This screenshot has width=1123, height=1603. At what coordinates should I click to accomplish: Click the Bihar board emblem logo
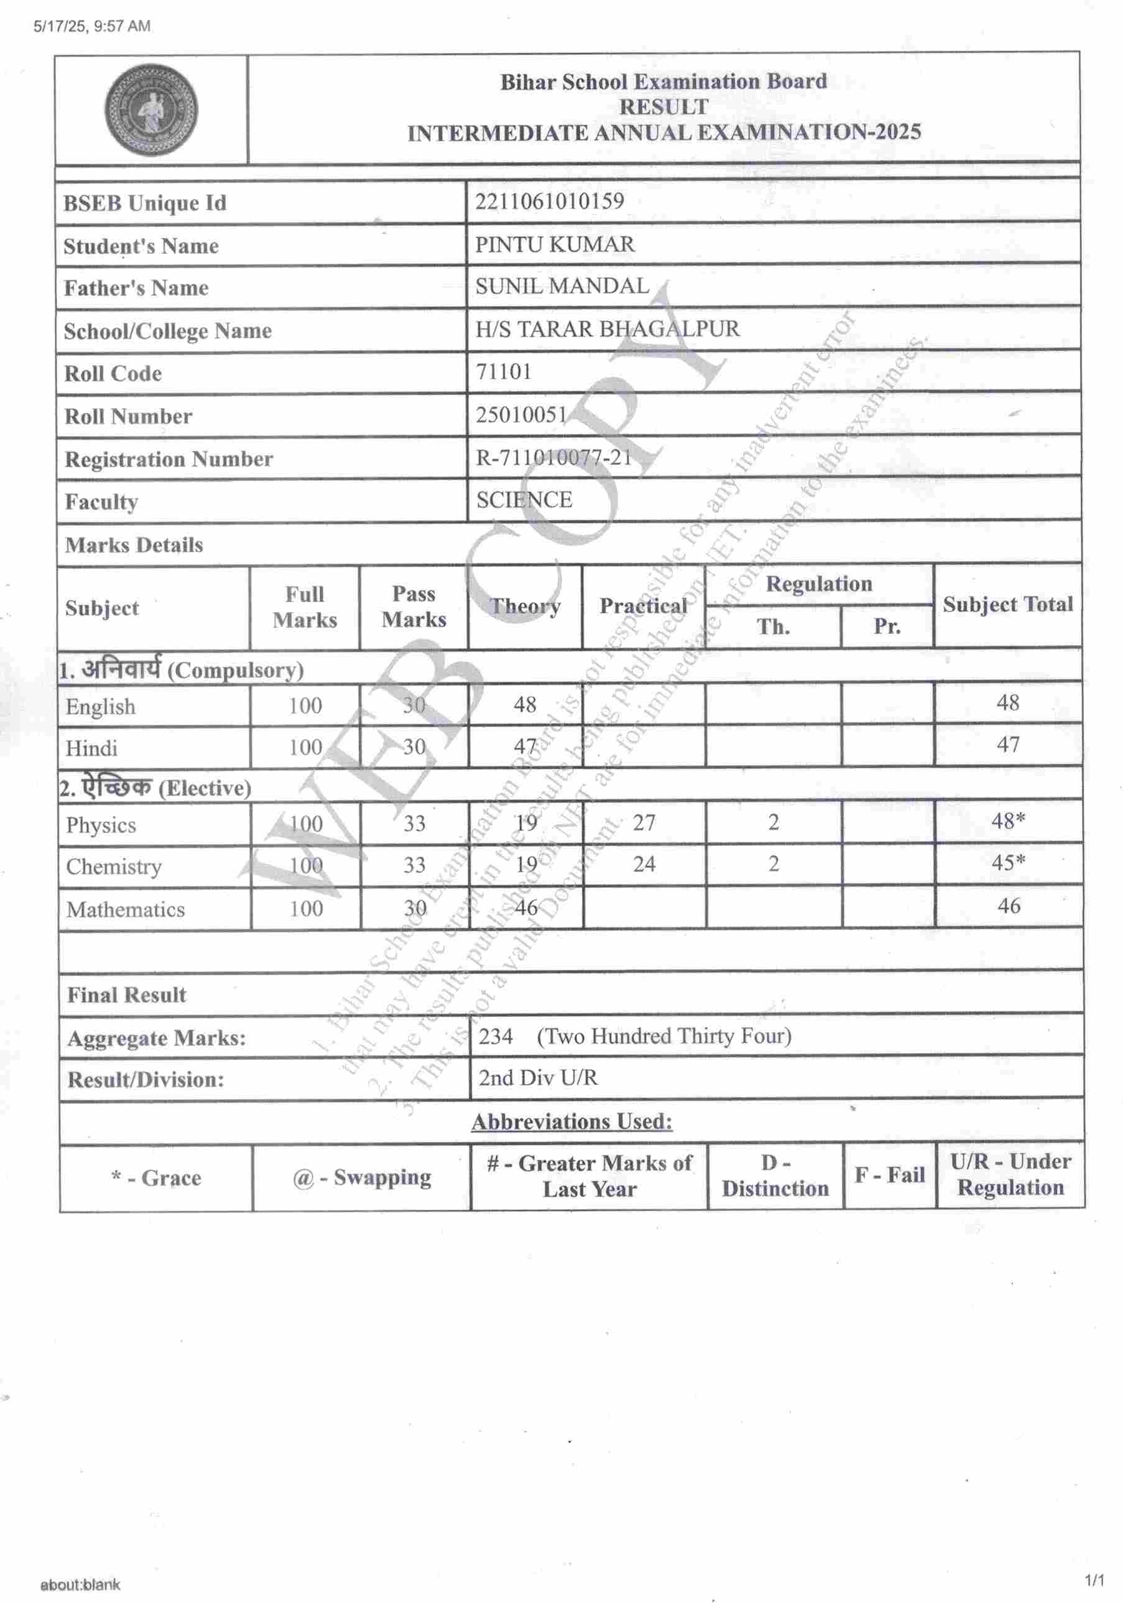(x=150, y=109)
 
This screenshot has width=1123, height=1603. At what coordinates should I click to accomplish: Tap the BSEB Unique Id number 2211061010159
(x=549, y=201)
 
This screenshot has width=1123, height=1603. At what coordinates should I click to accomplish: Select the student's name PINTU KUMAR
(x=555, y=244)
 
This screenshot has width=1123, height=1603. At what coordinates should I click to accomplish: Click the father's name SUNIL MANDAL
(x=562, y=286)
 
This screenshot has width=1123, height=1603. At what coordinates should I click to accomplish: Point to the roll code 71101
(x=503, y=371)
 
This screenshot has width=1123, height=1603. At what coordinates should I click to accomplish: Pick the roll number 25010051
(x=521, y=415)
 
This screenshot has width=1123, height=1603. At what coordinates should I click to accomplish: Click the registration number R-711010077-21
(x=553, y=457)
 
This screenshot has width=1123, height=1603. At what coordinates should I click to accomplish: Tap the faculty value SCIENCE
(x=524, y=500)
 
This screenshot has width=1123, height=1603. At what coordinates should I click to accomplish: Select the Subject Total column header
(x=1007, y=605)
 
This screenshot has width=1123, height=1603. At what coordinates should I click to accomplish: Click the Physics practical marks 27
(x=644, y=822)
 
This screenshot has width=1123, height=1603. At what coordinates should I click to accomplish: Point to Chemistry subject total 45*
(x=1008, y=863)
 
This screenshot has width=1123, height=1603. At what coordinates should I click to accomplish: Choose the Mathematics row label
(x=126, y=909)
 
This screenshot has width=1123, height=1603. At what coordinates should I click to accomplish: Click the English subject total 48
(x=1008, y=702)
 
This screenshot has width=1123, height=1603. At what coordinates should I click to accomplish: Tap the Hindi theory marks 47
(x=525, y=746)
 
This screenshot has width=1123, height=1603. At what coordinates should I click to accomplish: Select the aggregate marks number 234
(x=496, y=1036)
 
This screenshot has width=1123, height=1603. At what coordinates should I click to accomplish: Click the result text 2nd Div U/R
(x=537, y=1078)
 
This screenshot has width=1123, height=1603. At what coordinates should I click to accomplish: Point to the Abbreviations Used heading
(x=571, y=1122)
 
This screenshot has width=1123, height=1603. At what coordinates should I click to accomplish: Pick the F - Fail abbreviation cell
(x=889, y=1176)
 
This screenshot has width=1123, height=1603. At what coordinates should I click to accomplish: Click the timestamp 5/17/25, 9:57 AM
(x=91, y=27)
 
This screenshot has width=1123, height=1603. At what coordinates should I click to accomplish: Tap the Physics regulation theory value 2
(x=774, y=822)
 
